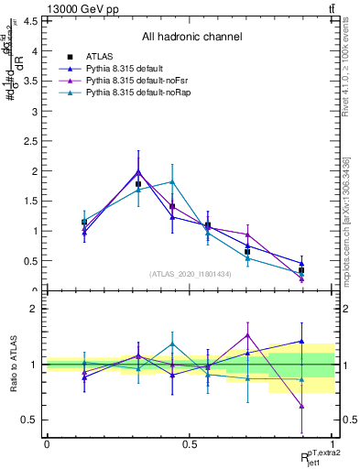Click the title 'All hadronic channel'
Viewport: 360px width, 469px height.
191,38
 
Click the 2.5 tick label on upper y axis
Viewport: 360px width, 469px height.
33,141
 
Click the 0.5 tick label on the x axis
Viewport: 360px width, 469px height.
190,443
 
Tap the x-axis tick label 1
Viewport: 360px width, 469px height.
333,443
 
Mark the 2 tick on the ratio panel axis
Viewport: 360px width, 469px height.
35,309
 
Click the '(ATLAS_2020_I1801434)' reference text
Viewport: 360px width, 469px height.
191,274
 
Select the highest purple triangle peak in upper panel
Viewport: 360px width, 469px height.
138,171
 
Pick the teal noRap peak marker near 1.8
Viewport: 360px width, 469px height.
172,182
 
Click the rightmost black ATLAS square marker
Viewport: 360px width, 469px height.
301,270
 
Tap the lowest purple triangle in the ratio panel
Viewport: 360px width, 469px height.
301,405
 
